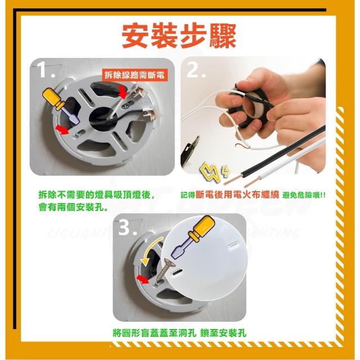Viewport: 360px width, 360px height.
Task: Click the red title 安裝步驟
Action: [179, 36]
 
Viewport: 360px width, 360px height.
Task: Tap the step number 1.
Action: [46, 70]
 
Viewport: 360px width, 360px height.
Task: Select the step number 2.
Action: [196, 70]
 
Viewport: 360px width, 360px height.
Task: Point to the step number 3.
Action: [127, 228]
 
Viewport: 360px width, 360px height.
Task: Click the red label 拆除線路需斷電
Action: [134, 75]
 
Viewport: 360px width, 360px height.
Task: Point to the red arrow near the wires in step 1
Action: [123, 92]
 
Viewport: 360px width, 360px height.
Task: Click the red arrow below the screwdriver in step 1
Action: [62, 129]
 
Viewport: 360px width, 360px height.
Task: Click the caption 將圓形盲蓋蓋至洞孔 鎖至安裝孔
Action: [179, 332]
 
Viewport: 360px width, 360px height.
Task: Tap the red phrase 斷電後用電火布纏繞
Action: [237, 195]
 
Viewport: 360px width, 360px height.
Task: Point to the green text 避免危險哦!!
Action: [304, 195]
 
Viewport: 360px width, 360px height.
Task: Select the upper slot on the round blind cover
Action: [233, 245]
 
